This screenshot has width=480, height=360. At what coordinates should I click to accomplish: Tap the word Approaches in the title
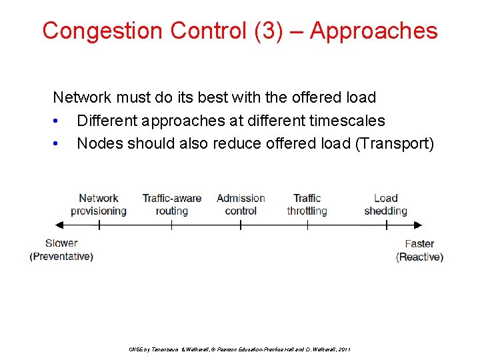373,31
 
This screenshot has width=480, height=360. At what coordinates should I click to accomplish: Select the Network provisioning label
99,205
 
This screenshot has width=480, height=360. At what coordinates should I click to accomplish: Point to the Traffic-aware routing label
171,205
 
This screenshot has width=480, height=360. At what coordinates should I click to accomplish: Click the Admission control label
241,205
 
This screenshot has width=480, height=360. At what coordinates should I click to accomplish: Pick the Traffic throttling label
307,205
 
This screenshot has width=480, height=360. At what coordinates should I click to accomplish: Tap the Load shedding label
385,205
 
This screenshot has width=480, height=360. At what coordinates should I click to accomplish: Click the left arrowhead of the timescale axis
57,225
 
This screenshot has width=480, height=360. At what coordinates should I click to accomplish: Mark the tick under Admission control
241,225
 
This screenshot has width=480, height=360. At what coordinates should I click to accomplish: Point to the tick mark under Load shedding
386,225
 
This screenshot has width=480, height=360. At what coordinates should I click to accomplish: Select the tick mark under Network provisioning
99,225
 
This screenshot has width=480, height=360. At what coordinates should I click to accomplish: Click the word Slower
61,243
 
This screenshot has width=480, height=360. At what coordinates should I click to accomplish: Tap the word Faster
419,244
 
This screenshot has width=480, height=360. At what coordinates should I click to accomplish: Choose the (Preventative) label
61,257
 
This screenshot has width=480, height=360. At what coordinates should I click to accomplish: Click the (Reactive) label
419,257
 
